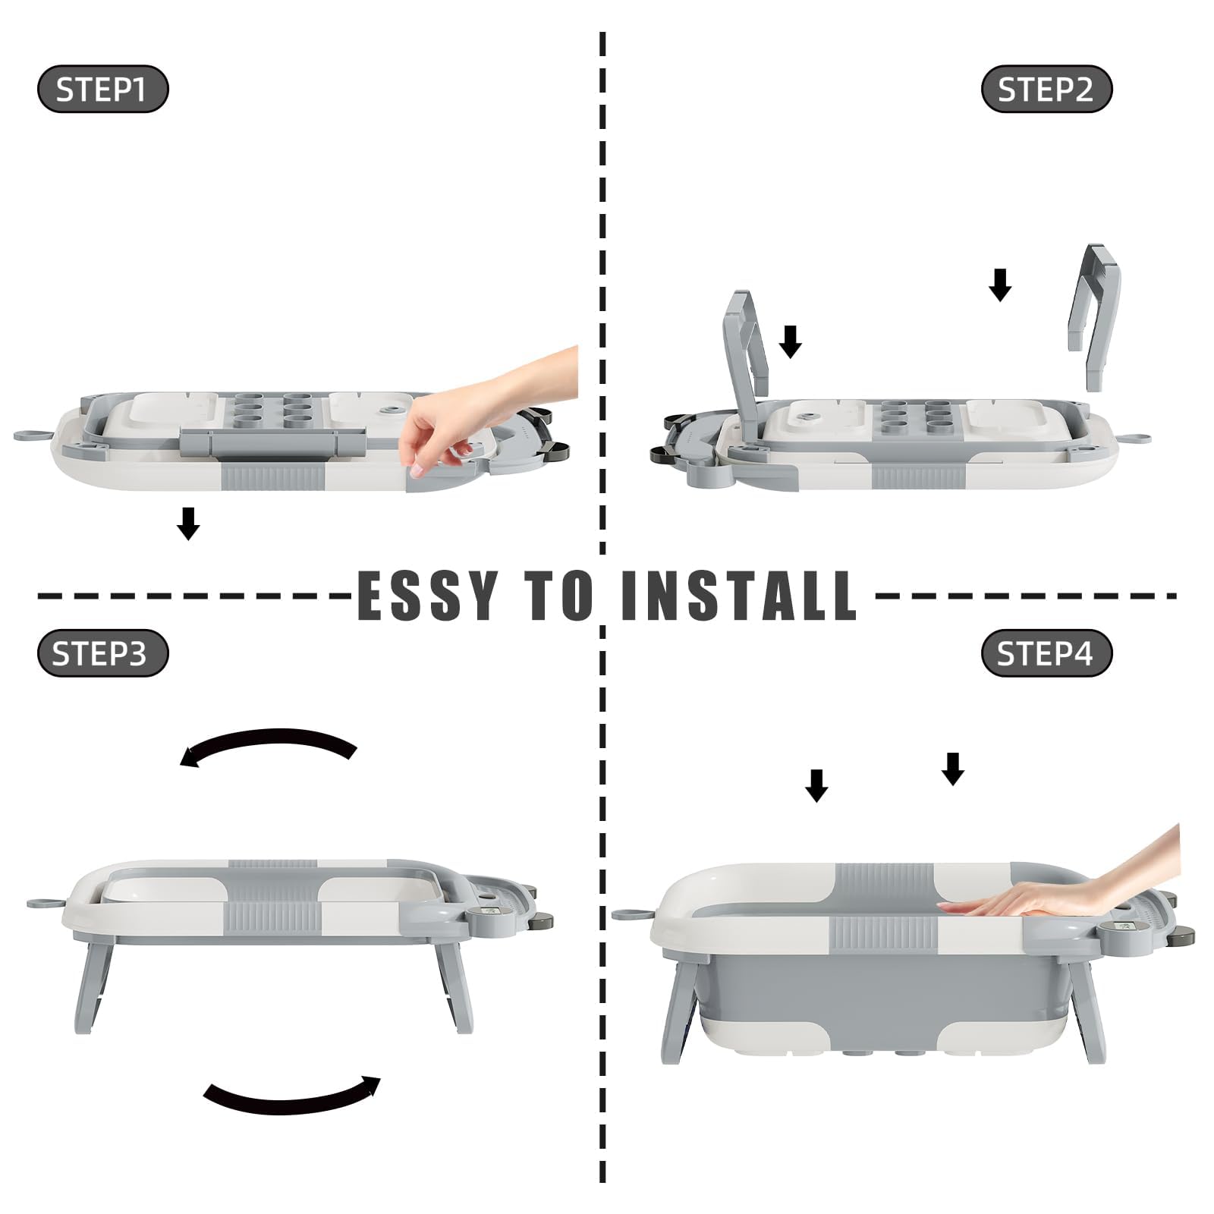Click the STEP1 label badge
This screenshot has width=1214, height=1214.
click(102, 90)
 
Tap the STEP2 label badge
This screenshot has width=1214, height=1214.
click(1046, 90)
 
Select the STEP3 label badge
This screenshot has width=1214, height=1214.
click(102, 653)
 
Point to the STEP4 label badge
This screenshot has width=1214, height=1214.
click(1046, 653)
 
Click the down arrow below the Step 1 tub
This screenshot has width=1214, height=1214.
click(188, 524)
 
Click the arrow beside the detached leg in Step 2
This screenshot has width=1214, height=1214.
click(1000, 285)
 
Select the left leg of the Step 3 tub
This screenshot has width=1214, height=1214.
click(93, 986)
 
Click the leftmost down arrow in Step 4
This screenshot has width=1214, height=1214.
click(816, 785)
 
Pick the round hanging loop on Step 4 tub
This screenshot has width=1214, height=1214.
click(628, 914)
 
